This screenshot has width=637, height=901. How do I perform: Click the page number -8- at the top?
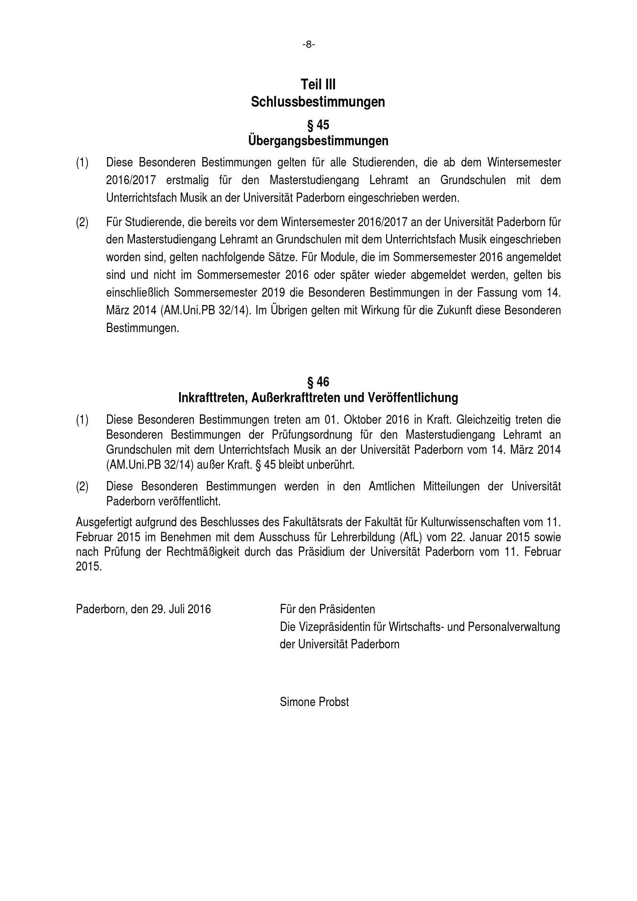coord(309,45)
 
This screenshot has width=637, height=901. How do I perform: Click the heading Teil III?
coord(318,84)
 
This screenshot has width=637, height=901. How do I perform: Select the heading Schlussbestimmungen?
coord(318,102)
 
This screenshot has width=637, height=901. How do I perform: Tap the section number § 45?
coord(318,125)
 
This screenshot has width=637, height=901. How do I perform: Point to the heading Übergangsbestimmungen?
coord(318,141)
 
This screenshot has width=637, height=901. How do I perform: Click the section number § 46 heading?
coord(318,382)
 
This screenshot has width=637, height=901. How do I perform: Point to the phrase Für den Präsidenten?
coord(327,609)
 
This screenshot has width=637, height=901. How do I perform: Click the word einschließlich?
coord(137,293)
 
